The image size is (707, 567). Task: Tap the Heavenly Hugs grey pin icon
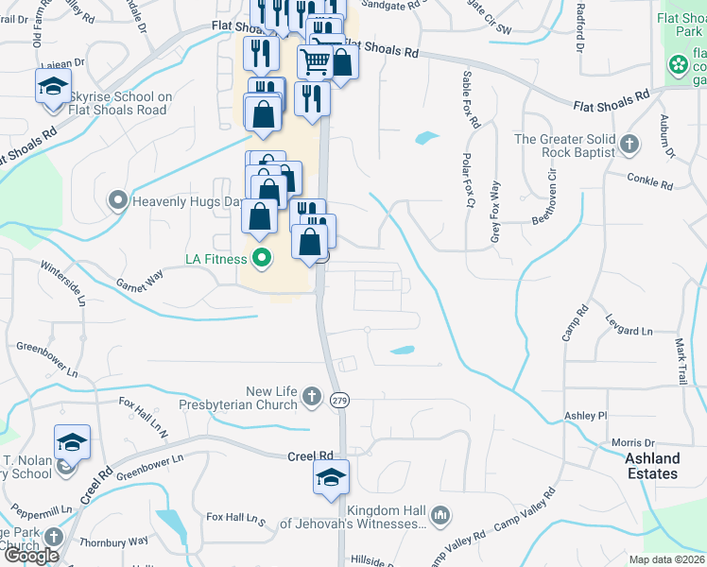[118, 200]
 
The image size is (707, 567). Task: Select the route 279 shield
[339, 400]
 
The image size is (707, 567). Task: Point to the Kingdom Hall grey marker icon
[439, 516]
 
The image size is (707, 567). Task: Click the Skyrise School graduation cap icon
[50, 89]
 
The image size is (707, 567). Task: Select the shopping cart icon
[316, 62]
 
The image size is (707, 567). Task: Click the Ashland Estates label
[652, 466]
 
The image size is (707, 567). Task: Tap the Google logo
[32, 555]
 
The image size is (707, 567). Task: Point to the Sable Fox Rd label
[470, 99]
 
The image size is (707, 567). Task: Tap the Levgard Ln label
[629, 331]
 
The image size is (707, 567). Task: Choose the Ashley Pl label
[585, 416]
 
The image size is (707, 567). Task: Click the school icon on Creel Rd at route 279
[331, 476]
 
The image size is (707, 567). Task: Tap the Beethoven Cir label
[549, 194]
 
